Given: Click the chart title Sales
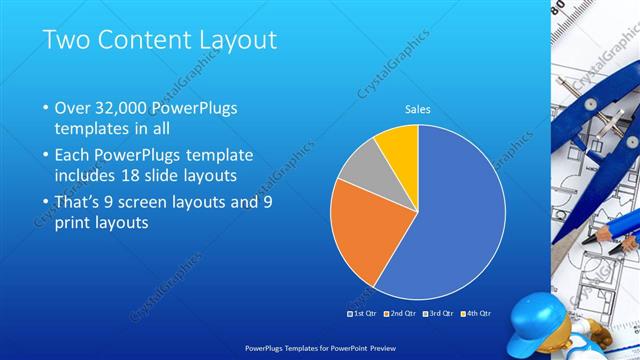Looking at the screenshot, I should coord(418,110).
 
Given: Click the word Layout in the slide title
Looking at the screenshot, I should coord(231,40).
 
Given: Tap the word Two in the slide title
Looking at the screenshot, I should coord(64,40).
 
